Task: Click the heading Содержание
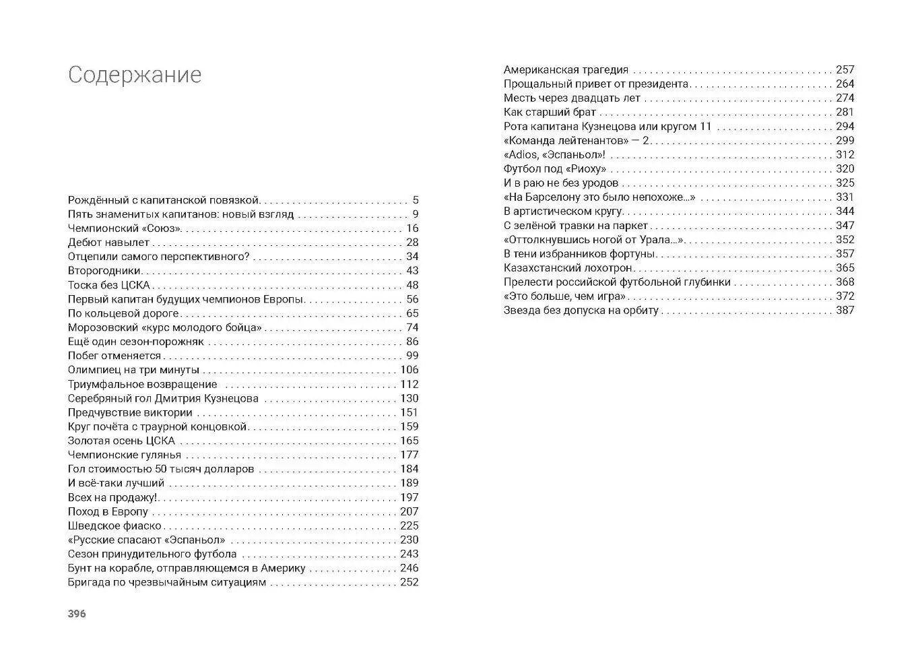[135, 75]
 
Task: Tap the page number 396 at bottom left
[77, 614]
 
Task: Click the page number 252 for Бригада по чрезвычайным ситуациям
[409, 582]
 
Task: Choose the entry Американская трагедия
[566, 69]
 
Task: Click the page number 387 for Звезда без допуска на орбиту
[845, 310]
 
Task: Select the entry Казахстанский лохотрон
[568, 267]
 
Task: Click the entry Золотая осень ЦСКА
[121, 441]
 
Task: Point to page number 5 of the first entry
[416, 200]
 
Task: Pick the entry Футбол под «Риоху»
[555, 168]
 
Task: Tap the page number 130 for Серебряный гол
[409, 398]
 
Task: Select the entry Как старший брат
[550, 112]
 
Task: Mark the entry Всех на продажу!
[112, 497]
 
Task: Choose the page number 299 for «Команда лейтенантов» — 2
[845, 140]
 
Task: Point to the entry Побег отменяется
[114, 356]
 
